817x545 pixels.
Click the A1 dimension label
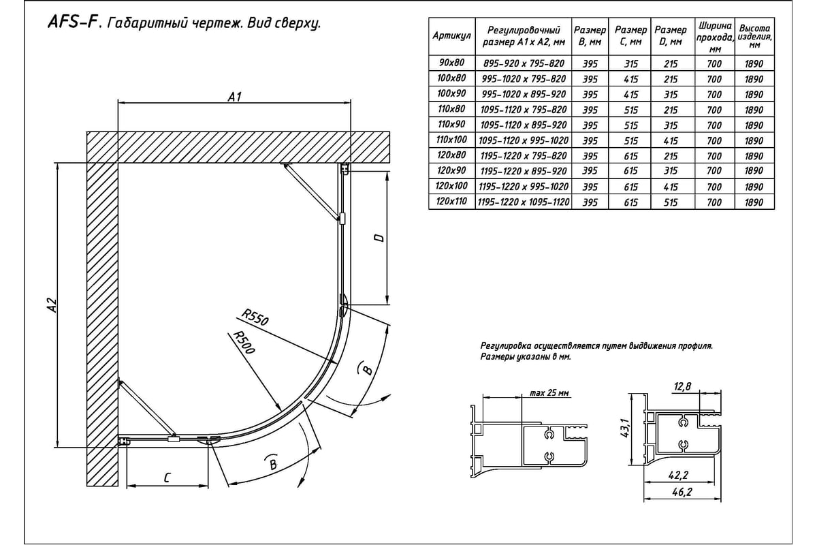pos(235,97)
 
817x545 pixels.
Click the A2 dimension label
pos(50,308)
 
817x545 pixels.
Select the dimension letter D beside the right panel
pos(380,238)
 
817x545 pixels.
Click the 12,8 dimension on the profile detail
pos(682,387)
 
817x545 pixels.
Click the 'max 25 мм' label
pos(549,393)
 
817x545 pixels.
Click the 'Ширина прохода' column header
pos(714,37)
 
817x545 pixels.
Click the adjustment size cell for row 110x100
pos(524,140)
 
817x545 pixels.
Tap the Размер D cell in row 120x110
pos(670,202)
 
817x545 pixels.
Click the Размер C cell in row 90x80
pos(630,63)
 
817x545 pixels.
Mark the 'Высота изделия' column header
pos(754,36)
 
